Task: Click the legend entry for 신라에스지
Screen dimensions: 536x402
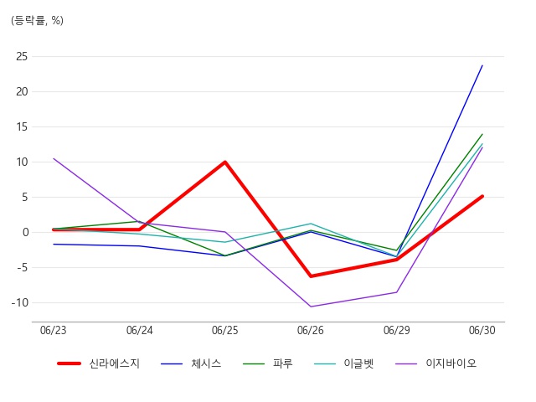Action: pyautogui.click(x=99, y=363)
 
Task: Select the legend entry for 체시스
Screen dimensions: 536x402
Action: pyautogui.click(x=191, y=363)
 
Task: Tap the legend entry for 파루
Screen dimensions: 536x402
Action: pyautogui.click(x=268, y=363)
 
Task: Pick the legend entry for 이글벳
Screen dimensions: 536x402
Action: pyautogui.click(x=344, y=363)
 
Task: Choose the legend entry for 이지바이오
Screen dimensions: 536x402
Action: pyautogui.click(x=435, y=363)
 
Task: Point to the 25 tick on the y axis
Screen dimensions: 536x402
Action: pyautogui.click(x=22, y=56)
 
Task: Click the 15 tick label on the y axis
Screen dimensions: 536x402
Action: pyautogui.click(x=22, y=126)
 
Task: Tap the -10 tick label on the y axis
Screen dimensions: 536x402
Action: pyautogui.click(x=20, y=302)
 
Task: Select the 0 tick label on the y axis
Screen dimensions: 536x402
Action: pyautogui.click(x=25, y=233)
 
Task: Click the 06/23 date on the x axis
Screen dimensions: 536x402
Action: pyautogui.click(x=54, y=330)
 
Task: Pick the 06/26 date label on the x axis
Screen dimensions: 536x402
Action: pyautogui.click(x=311, y=330)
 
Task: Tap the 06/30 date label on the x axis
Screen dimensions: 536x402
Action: pyautogui.click(x=482, y=330)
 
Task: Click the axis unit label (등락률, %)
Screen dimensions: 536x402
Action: pyautogui.click(x=37, y=20)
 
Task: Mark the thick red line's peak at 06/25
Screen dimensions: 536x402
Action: pyautogui.click(x=225, y=162)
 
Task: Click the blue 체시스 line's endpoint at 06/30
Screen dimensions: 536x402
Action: pyautogui.click(x=482, y=65)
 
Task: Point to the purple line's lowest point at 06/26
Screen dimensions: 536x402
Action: pyautogui.click(x=311, y=307)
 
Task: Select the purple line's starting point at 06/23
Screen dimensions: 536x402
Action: pyautogui.click(x=54, y=158)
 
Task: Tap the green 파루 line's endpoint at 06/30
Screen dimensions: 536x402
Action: pyautogui.click(x=482, y=134)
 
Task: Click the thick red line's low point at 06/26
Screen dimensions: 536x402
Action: pyautogui.click(x=311, y=276)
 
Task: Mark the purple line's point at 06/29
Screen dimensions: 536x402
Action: pyautogui.click(x=396, y=292)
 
